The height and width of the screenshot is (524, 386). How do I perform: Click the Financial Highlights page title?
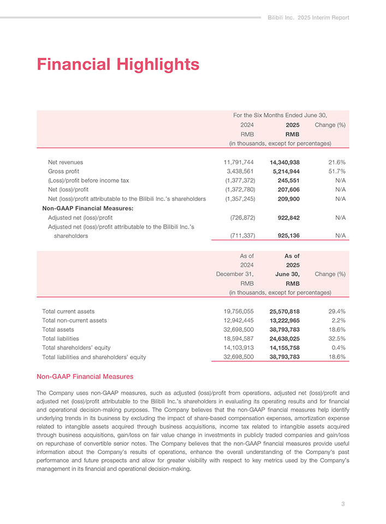point(117,64)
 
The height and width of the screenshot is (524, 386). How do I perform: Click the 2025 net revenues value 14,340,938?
point(284,162)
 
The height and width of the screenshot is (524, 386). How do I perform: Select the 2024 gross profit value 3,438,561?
point(240,171)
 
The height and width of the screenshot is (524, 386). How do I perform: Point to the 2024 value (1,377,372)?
point(239,180)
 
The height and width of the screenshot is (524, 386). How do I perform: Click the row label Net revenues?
point(65,162)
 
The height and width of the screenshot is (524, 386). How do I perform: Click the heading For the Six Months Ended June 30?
point(280,115)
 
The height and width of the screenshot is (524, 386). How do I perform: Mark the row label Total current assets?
point(68,311)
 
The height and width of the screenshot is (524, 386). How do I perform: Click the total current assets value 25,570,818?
point(284,311)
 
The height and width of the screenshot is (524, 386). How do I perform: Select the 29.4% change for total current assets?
point(337,311)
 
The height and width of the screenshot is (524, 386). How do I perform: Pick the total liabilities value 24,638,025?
point(284,339)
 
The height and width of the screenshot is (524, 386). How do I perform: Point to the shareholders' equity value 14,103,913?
point(235,348)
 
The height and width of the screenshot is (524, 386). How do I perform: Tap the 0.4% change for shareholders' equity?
point(339,348)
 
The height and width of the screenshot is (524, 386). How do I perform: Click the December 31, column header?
point(235,274)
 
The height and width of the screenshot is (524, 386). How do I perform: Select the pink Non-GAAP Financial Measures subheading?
point(85,377)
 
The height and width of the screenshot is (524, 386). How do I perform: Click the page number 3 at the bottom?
point(343,504)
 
